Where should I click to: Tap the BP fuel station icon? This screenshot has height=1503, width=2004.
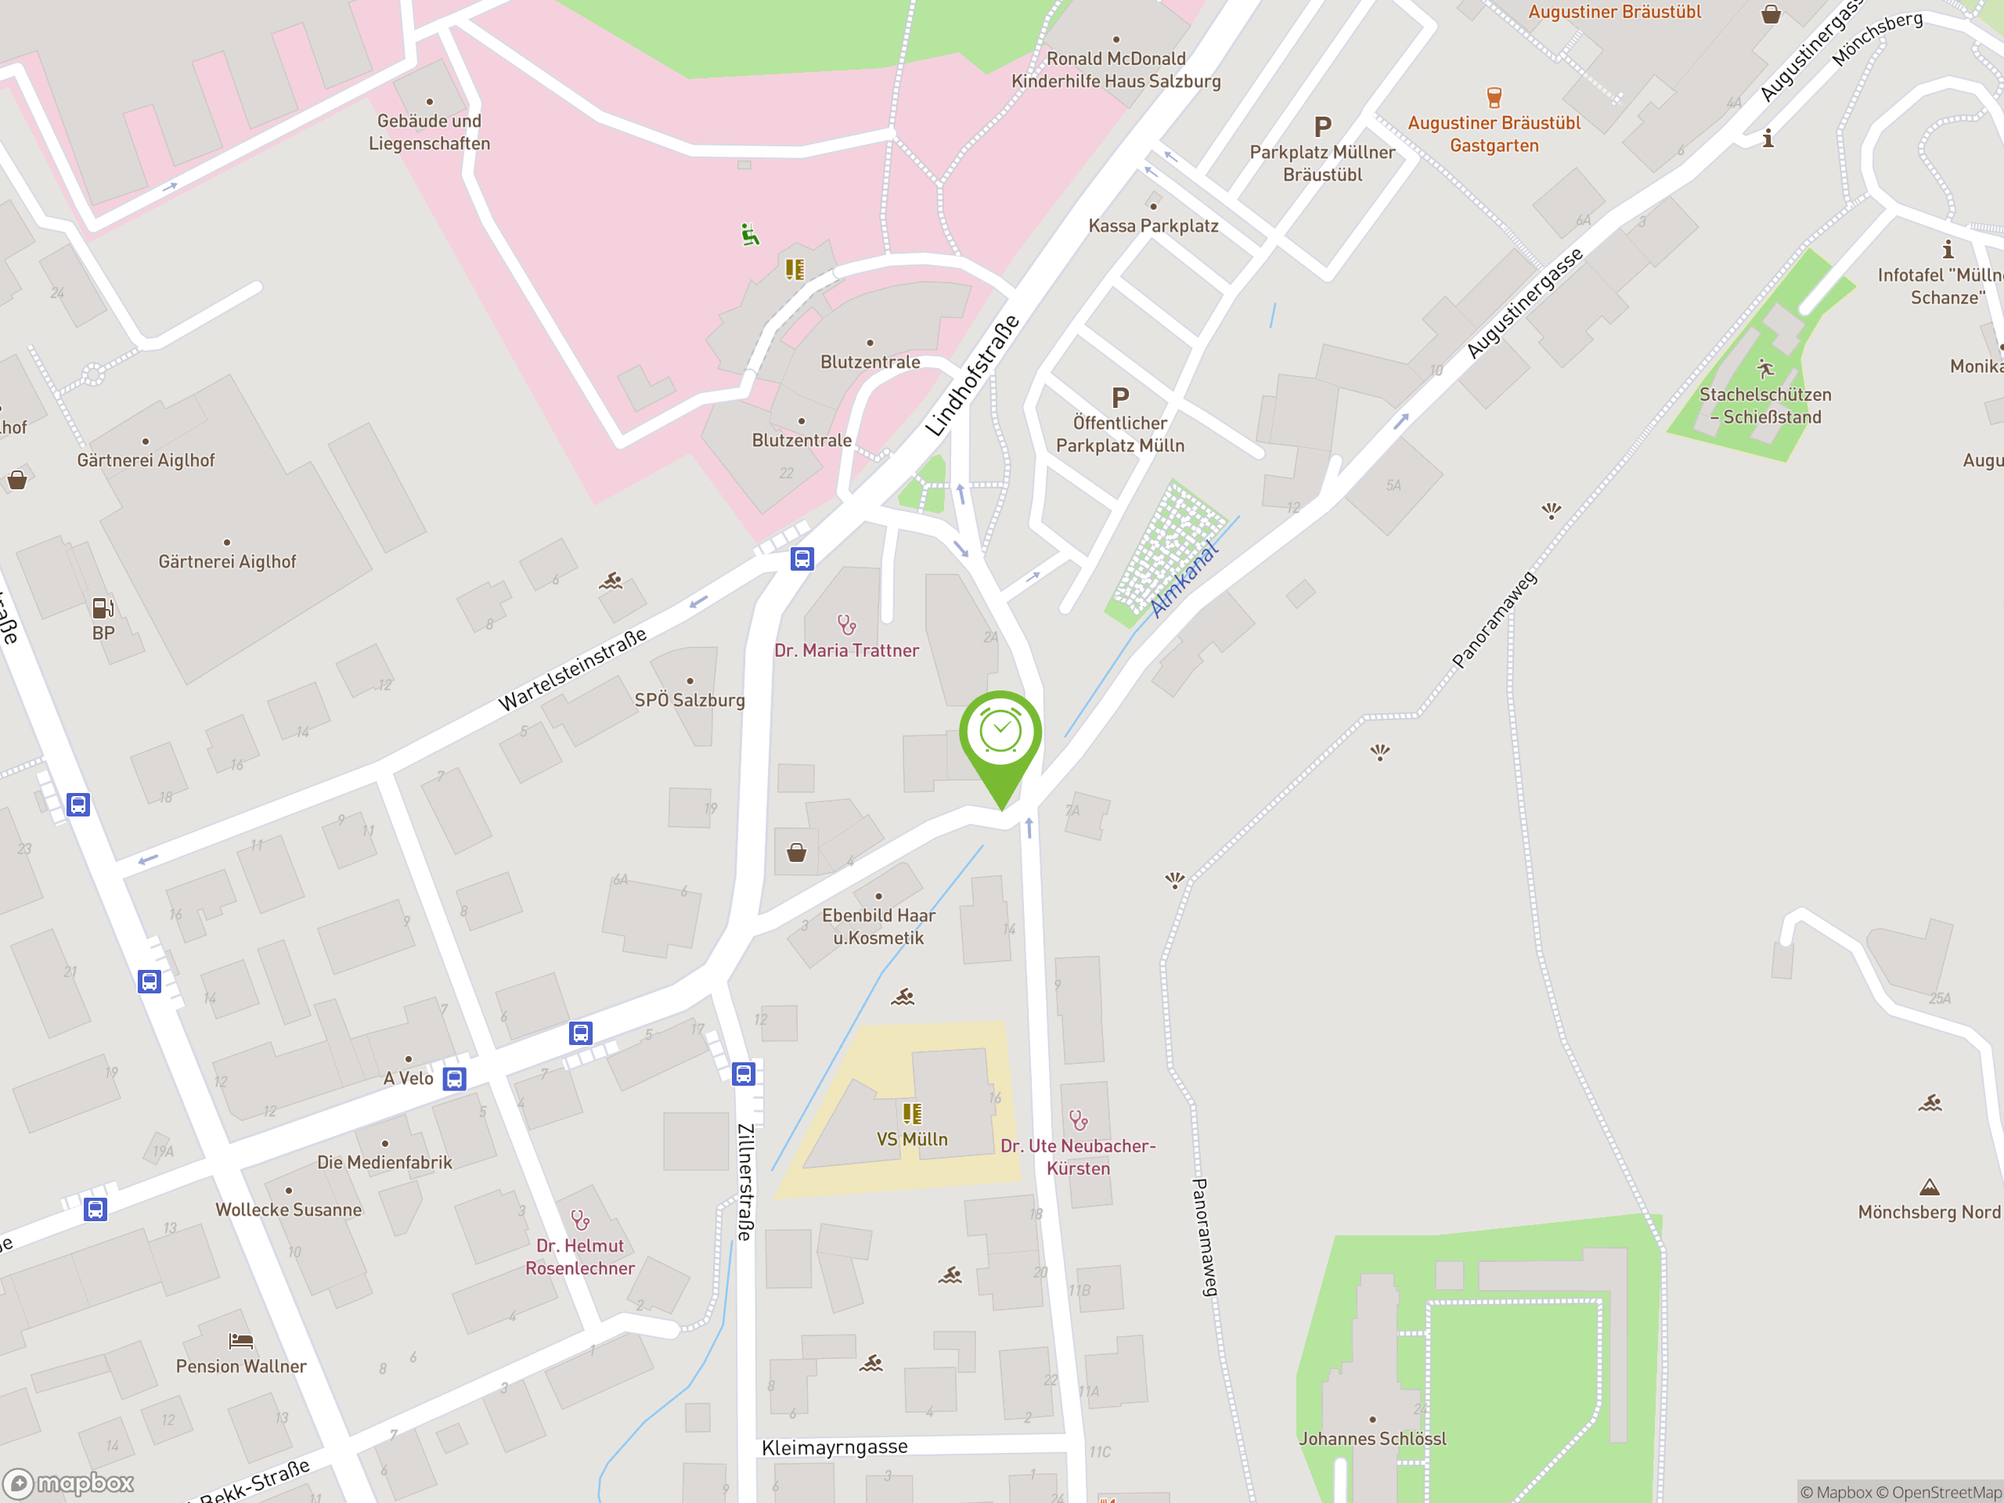[103, 608]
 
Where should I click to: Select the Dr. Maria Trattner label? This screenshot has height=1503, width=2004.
[846, 651]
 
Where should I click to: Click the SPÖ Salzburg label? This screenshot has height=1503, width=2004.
[690, 701]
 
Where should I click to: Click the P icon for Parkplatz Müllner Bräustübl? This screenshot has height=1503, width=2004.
[1323, 127]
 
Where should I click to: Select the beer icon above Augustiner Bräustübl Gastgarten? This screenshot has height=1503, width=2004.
[1494, 97]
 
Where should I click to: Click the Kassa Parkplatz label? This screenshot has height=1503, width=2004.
[1152, 225]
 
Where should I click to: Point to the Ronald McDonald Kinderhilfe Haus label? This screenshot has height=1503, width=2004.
[1116, 70]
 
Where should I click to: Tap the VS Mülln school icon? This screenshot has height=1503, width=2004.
[912, 1113]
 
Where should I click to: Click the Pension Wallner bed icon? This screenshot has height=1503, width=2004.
[241, 1341]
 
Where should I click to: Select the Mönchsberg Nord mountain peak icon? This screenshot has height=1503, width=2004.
[1929, 1187]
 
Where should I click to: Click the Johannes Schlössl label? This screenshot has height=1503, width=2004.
[1371, 1439]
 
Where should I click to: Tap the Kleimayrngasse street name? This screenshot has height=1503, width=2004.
[834, 1447]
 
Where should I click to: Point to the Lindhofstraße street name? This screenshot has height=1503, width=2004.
[972, 376]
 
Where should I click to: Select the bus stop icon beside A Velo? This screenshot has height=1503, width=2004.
[455, 1079]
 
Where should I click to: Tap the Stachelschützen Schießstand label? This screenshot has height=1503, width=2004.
[1764, 405]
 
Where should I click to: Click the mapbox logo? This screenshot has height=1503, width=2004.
[70, 1483]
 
